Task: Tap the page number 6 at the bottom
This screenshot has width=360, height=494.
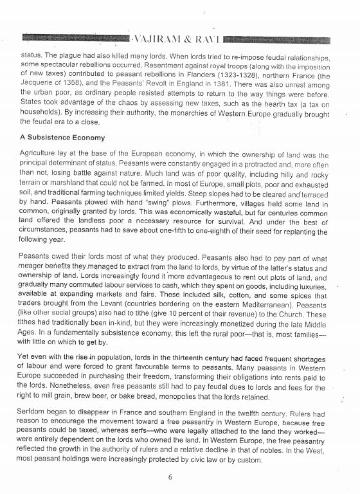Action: (170, 477)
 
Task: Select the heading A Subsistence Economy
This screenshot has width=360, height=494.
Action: (62, 138)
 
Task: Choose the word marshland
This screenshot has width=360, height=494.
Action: (70, 183)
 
